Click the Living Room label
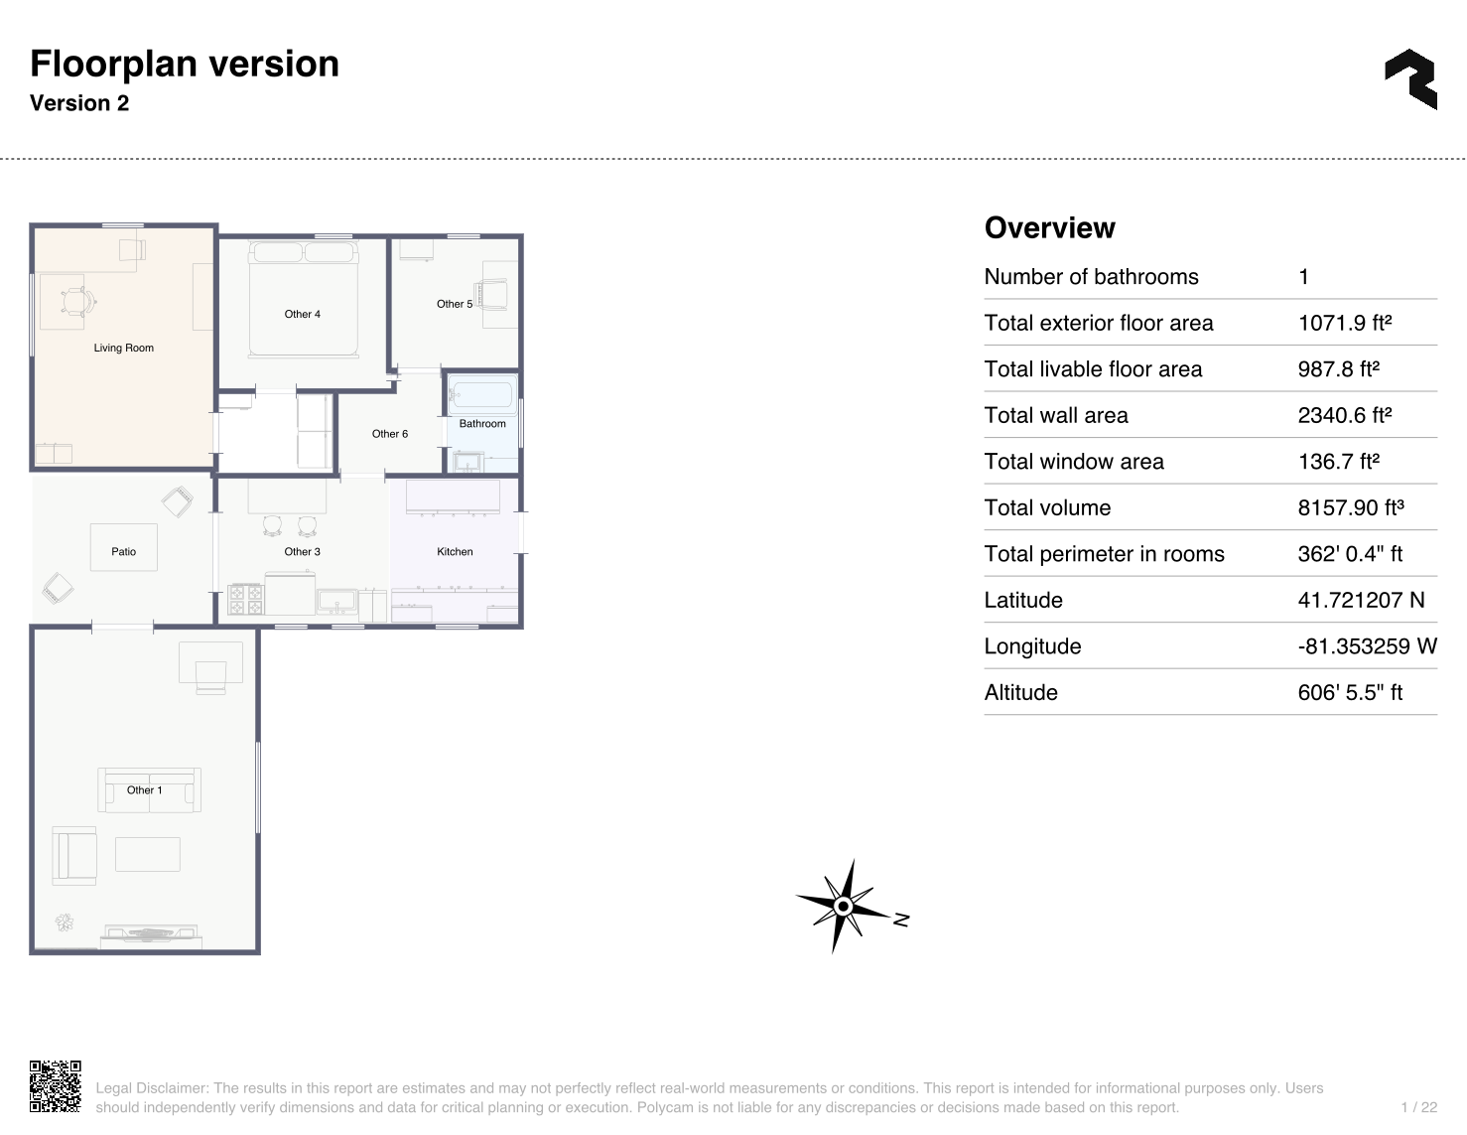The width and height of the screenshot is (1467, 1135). click(123, 348)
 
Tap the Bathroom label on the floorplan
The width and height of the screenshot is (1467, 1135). click(482, 423)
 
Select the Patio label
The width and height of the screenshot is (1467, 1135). click(123, 552)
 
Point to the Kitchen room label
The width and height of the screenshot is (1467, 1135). click(455, 552)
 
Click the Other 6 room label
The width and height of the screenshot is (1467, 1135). click(389, 434)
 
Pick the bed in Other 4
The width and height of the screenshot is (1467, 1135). click(303, 299)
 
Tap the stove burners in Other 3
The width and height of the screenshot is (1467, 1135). click(245, 600)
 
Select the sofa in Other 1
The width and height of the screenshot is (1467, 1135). click(149, 789)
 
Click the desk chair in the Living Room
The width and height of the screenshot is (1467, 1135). click(78, 302)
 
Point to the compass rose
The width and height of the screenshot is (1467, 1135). click(845, 906)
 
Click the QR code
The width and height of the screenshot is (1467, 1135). click(56, 1085)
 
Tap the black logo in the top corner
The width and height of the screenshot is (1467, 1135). click(1410, 79)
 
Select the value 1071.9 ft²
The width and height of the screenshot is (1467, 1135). click(1345, 323)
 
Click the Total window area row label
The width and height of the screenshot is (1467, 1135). click(1073, 461)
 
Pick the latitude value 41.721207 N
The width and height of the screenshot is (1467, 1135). click(1361, 600)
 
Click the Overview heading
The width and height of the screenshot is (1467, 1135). click(1049, 227)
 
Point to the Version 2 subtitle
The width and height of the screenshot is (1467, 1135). click(79, 102)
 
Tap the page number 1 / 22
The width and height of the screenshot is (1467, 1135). click(1419, 1107)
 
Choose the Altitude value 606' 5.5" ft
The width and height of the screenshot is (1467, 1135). click(1350, 692)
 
